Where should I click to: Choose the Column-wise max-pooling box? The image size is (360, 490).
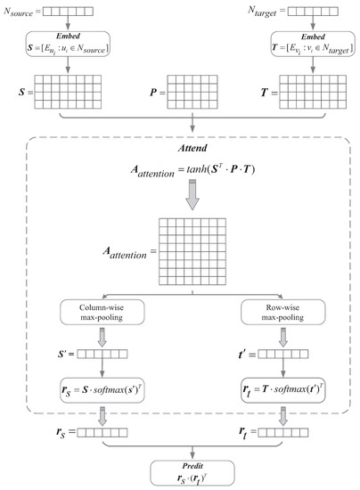click(99, 314)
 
